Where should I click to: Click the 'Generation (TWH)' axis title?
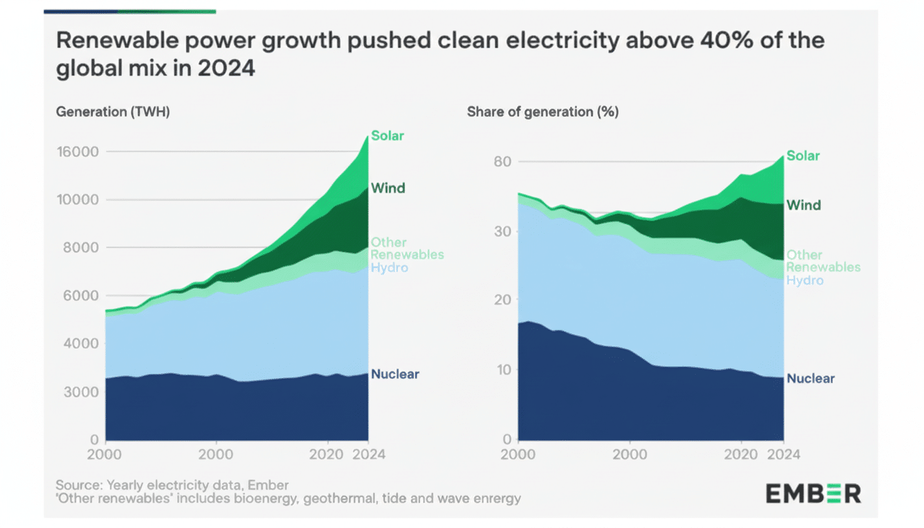pyautogui.click(x=113, y=112)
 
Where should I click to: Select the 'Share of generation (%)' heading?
pyautogui.click(x=542, y=112)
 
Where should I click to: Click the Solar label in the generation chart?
pyautogui.click(x=388, y=135)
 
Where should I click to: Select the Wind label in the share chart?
pyautogui.click(x=804, y=205)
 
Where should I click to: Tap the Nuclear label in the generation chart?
pyautogui.click(x=395, y=375)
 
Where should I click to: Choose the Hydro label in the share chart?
pyautogui.click(x=804, y=280)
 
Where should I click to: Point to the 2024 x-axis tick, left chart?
pyautogui.click(x=368, y=454)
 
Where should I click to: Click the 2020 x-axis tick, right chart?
pyautogui.click(x=741, y=454)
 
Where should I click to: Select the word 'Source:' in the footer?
pyautogui.click(x=78, y=485)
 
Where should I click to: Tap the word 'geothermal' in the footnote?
pyautogui.click(x=335, y=498)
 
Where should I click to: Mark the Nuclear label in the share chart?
pyautogui.click(x=811, y=379)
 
